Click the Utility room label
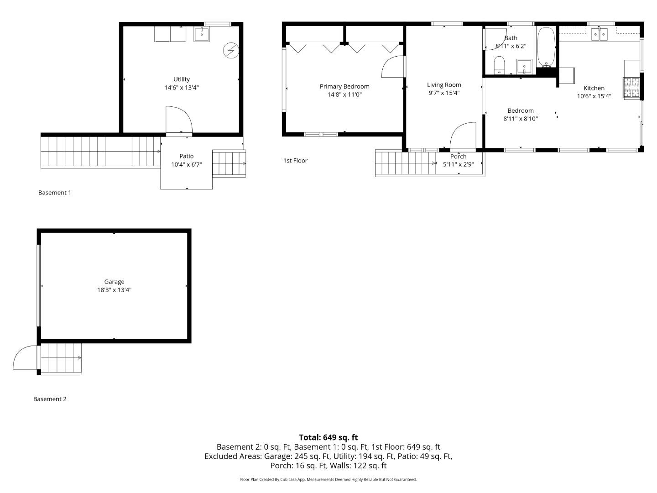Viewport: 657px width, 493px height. pyautogui.click(x=182, y=79)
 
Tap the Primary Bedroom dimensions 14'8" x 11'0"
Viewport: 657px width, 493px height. pyautogui.click(x=344, y=94)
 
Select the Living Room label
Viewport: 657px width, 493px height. pyautogui.click(x=444, y=85)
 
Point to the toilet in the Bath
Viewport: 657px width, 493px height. pyautogui.click(x=499, y=65)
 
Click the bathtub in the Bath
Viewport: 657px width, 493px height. pyautogui.click(x=546, y=47)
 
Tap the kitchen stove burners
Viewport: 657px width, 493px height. pyautogui.click(x=631, y=87)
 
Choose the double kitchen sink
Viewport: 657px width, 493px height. pyautogui.click(x=599, y=34)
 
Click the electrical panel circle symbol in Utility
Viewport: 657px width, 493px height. pyautogui.click(x=231, y=51)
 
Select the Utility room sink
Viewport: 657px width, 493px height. pyautogui.click(x=202, y=34)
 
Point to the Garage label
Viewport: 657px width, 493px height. pyautogui.click(x=114, y=282)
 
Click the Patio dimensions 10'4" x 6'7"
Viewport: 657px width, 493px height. pyautogui.click(x=187, y=164)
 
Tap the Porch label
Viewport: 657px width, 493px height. pyautogui.click(x=458, y=157)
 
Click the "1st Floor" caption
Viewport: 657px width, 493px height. pyautogui.click(x=296, y=161)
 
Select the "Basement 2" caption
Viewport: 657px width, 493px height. pyautogui.click(x=50, y=399)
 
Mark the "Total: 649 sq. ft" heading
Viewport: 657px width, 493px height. pyautogui.click(x=328, y=437)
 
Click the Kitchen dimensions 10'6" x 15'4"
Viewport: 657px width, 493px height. pyautogui.click(x=594, y=96)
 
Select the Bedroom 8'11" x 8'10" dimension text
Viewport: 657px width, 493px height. pyautogui.click(x=521, y=119)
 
